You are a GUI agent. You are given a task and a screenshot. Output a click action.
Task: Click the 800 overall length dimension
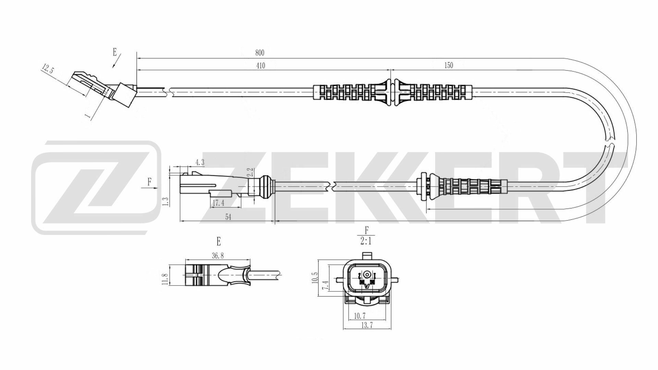click(x=260, y=53)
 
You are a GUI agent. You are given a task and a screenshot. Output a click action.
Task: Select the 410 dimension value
click(x=260, y=66)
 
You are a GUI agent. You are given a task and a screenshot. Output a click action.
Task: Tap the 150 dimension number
click(x=449, y=65)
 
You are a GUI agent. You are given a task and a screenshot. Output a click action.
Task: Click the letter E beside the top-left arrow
click(x=114, y=52)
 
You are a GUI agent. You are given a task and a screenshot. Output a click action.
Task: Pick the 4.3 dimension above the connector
click(x=200, y=163)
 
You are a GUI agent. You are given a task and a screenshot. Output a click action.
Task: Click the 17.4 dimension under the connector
click(x=218, y=203)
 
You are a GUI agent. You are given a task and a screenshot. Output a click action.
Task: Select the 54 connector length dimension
click(x=228, y=217)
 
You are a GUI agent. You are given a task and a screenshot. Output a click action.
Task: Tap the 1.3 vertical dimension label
click(x=166, y=201)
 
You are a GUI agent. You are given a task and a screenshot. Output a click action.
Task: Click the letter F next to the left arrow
click(x=149, y=182)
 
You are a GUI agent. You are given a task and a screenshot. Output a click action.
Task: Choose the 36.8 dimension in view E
click(x=218, y=256)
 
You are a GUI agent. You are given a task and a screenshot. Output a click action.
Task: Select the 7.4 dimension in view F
click(x=325, y=285)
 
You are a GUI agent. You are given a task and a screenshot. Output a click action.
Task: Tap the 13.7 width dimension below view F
click(x=366, y=326)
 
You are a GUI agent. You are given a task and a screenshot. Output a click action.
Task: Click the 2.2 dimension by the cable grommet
click(x=250, y=172)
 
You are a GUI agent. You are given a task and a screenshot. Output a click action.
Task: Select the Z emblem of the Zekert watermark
click(x=96, y=188)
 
